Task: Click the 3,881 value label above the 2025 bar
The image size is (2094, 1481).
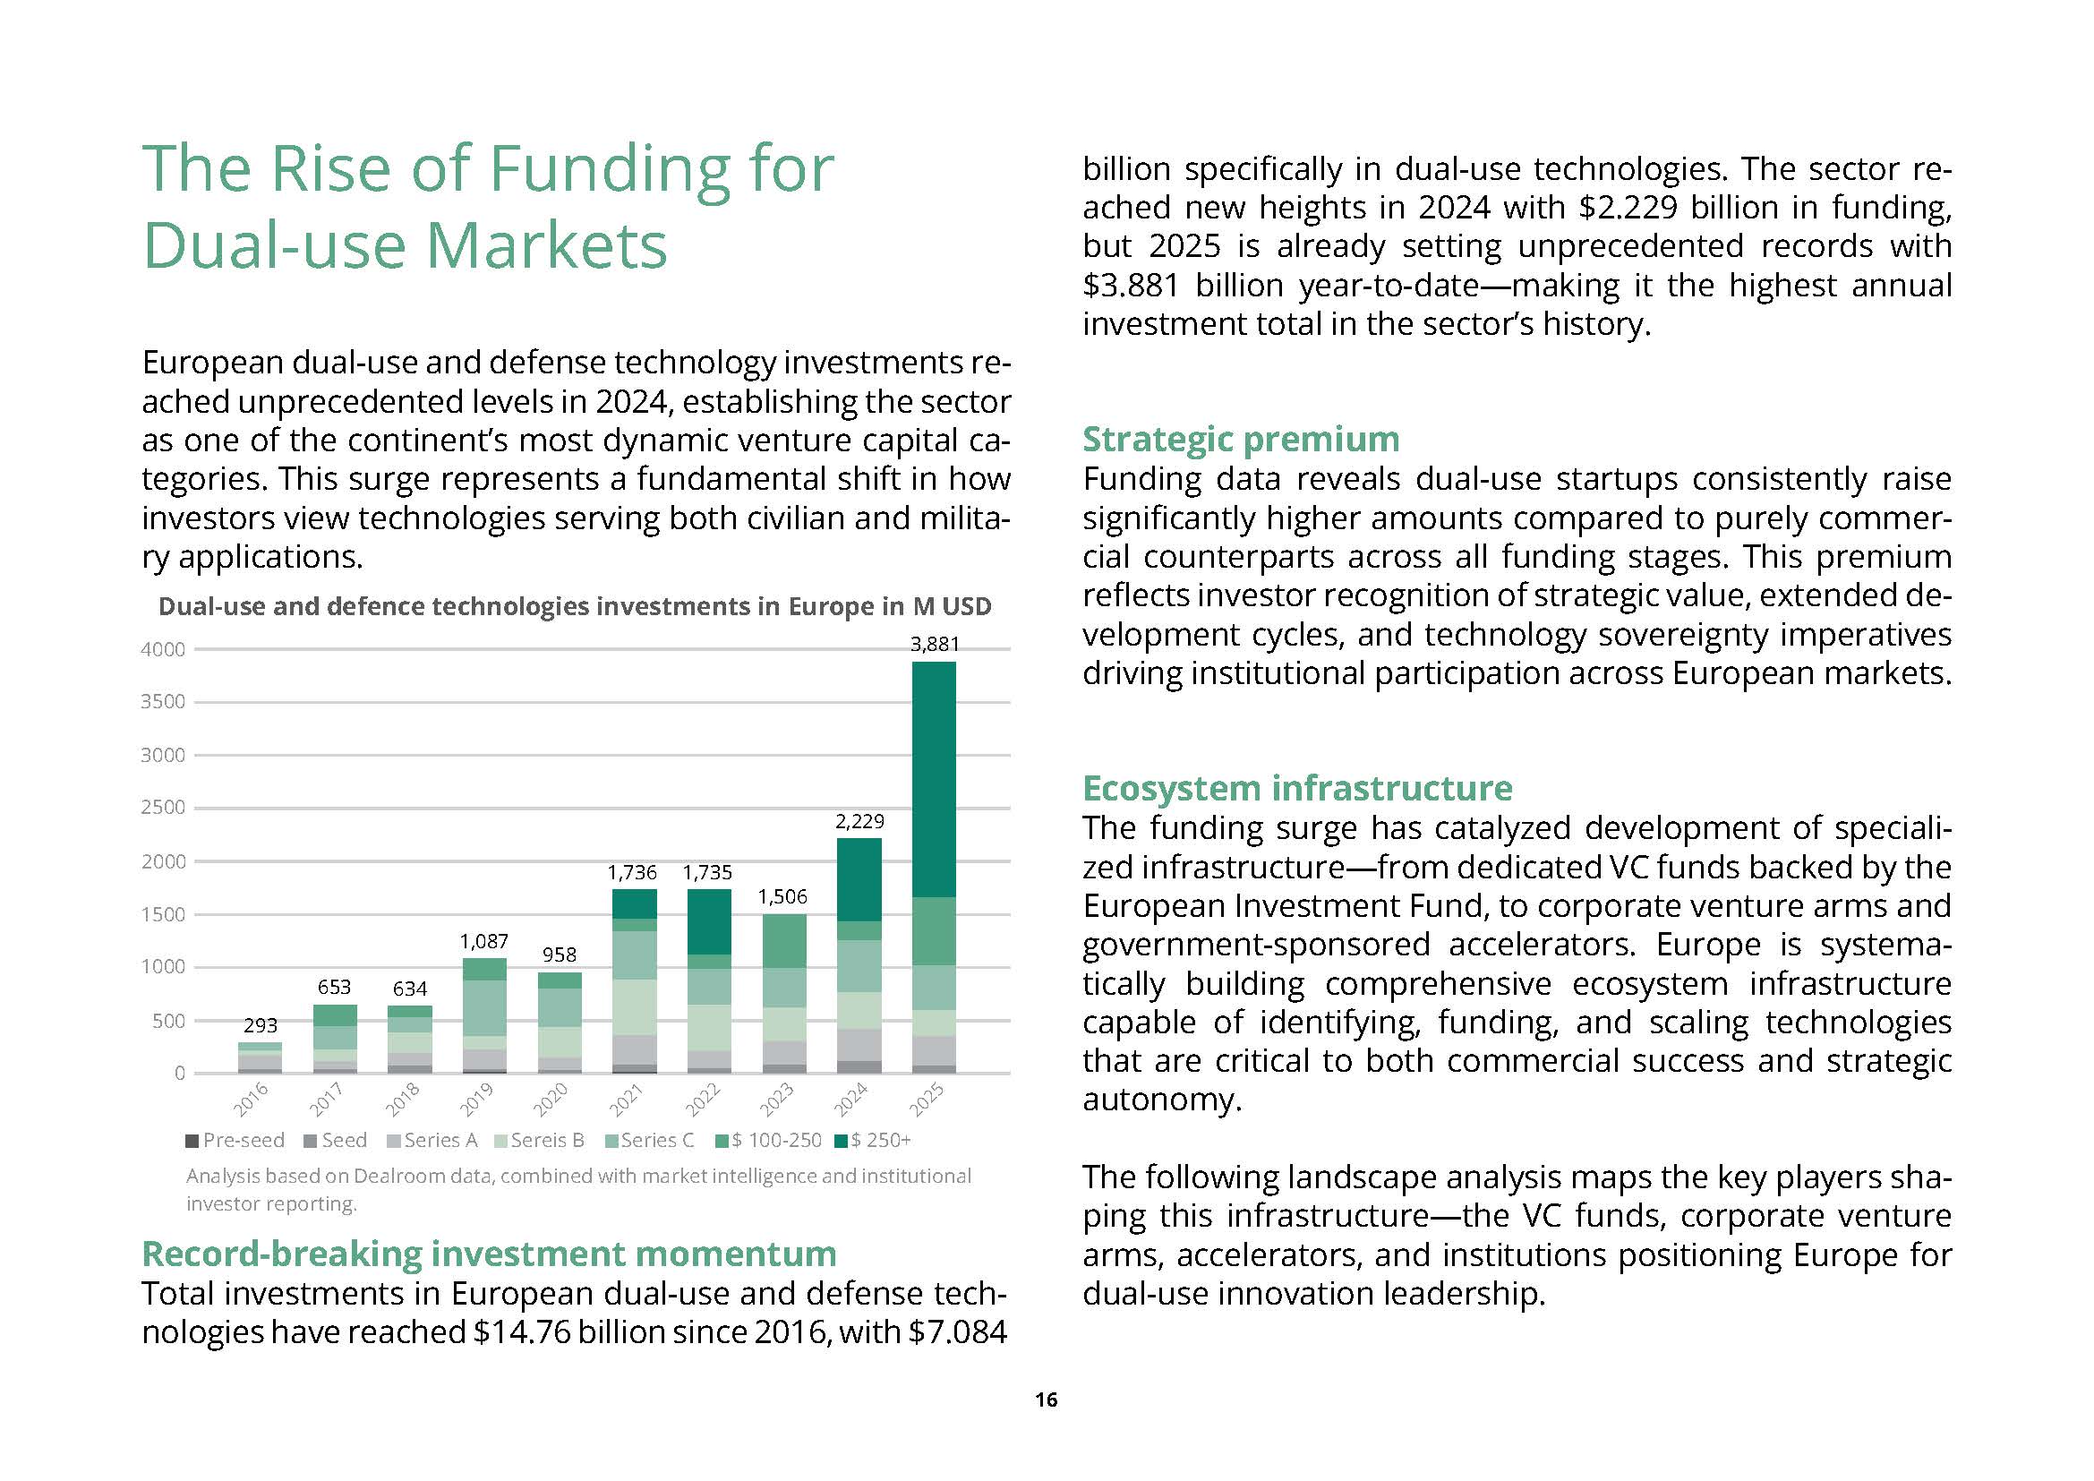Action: (935, 644)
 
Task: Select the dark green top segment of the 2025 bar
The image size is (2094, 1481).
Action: (934, 779)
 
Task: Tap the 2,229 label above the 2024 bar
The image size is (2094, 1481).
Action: (859, 821)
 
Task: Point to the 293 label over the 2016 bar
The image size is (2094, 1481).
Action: (260, 1025)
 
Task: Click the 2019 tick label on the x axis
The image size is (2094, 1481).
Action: (476, 1100)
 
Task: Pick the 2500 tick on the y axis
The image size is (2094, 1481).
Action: (162, 808)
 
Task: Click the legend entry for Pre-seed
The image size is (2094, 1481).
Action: (235, 1140)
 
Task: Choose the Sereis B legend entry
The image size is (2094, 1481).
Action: (539, 1140)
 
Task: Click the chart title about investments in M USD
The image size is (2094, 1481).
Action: (575, 606)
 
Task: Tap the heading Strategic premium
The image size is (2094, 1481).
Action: (1240, 440)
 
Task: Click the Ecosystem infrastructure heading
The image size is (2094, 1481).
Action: (1297, 788)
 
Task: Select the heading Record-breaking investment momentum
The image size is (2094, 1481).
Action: (489, 1254)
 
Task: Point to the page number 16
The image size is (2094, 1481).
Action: (1046, 1400)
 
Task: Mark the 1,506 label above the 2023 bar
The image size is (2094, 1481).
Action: (782, 896)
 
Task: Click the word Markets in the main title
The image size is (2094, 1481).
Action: (546, 245)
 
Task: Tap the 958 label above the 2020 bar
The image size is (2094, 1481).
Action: (559, 955)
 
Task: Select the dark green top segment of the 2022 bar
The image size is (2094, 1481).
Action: (709, 922)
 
